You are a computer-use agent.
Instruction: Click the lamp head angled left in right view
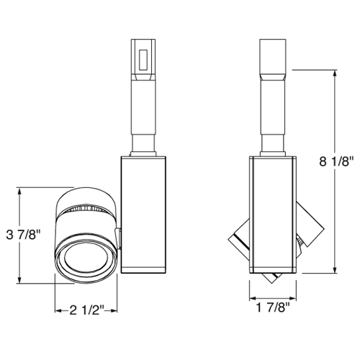(239, 241)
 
